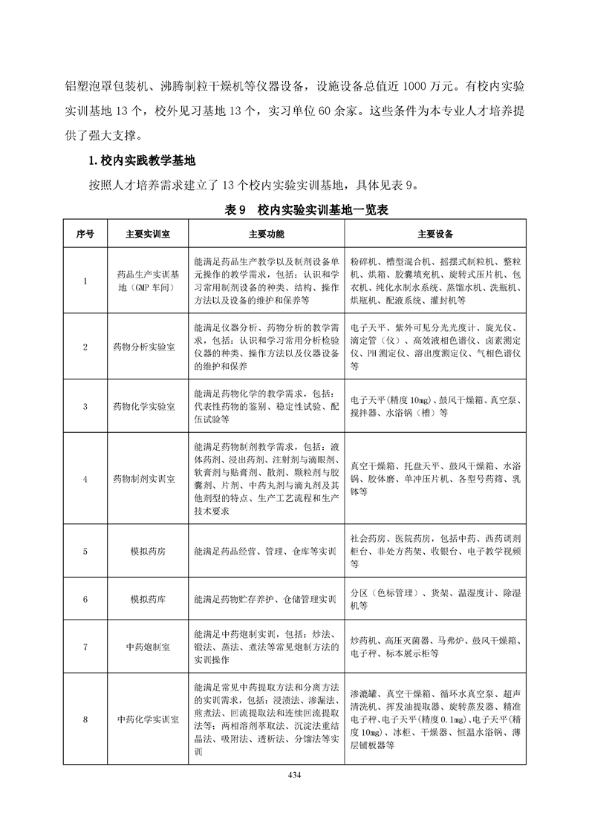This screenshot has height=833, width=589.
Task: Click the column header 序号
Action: tap(85, 234)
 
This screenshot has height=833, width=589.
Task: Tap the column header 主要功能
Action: tap(265, 234)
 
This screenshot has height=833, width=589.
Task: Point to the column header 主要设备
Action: tap(435, 234)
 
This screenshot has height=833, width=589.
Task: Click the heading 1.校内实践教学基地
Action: tap(142, 160)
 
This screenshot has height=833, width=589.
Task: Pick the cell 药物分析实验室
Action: tap(143, 347)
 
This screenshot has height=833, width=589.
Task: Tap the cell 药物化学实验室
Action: tap(143, 407)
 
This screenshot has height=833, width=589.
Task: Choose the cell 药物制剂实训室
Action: tap(143, 479)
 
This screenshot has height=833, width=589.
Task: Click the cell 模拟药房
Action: tap(143, 552)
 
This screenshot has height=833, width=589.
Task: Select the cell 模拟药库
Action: tap(143, 599)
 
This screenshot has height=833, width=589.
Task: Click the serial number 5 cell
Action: tap(85, 552)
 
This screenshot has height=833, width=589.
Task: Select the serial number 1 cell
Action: tap(85, 281)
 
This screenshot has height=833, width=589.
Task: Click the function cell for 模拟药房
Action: tap(265, 552)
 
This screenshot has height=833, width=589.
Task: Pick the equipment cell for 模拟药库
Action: tap(435, 599)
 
